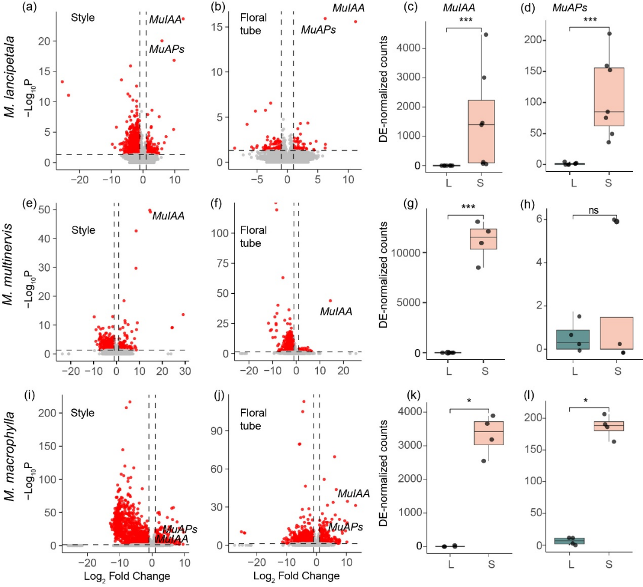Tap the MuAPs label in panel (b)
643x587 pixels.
coord(318,29)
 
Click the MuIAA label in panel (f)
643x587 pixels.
coord(336,311)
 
